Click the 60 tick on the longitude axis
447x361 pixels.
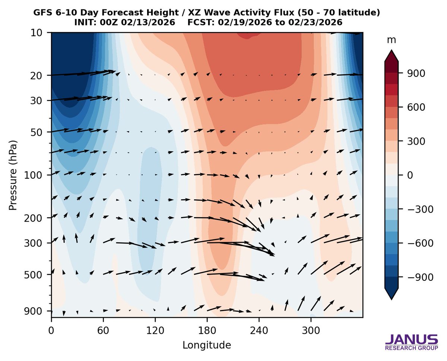103,330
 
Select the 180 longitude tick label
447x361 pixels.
207,330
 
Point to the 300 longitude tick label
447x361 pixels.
311,330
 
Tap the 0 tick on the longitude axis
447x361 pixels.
51,330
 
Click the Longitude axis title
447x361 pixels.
207,345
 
